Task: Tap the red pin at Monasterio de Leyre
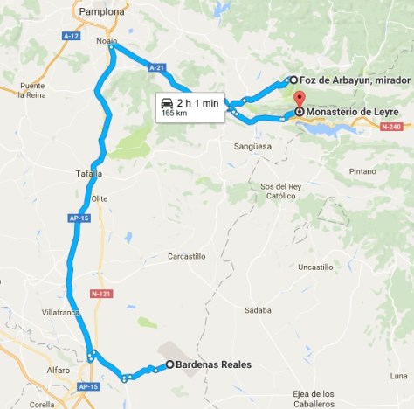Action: coord(300,98)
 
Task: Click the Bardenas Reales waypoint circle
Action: coord(169,365)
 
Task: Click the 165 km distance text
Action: coord(175,114)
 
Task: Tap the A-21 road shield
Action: coord(156,66)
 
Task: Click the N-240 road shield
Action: coord(390,127)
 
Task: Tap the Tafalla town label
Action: coord(78,174)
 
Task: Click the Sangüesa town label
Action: coord(253,147)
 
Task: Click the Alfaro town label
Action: coord(59,370)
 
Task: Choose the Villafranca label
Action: coord(59,311)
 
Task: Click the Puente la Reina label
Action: coord(32,90)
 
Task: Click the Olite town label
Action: coord(99,198)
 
